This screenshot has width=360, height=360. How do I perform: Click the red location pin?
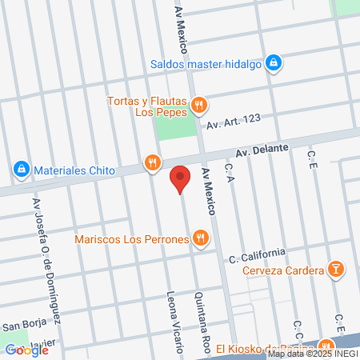tap(181, 178)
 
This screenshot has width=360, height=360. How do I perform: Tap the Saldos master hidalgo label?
tap(206, 65)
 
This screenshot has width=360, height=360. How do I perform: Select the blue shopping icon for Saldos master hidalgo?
tap(274, 62)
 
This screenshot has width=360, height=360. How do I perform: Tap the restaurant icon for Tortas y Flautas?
tap(200, 104)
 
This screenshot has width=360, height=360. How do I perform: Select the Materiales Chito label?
tap(73, 170)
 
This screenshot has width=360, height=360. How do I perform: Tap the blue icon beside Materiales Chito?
tap(20, 170)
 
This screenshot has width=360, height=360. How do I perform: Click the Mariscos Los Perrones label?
tap(131, 238)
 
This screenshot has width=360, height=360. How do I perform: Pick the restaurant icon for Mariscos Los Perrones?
tap(200, 238)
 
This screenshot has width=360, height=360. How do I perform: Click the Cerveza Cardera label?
tap(284, 270)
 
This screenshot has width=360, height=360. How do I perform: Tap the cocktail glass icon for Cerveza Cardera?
tap(337, 270)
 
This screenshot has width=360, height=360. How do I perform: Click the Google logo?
tap(27, 350)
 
